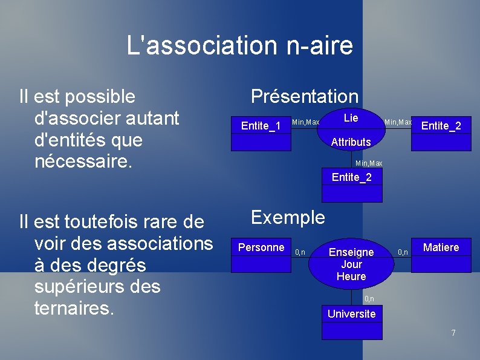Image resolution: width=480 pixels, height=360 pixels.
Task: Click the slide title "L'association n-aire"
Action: pos(239,45)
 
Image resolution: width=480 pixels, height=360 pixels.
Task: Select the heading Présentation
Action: pos(305,96)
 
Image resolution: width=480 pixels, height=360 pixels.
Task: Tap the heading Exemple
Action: pos(288,217)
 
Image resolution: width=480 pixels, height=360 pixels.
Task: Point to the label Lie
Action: pos(351,118)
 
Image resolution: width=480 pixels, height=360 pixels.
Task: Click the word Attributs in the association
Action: pos(351,142)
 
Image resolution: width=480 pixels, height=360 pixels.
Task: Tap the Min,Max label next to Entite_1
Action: pos(305,123)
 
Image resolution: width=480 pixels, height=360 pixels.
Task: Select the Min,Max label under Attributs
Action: pos(369,164)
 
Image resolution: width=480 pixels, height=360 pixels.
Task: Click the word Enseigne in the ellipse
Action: pos(351,252)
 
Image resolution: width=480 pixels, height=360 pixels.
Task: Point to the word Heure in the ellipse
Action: pos(351,277)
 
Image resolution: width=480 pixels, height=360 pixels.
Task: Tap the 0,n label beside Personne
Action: pos(300,252)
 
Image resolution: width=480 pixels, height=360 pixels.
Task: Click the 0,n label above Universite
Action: pos(369,299)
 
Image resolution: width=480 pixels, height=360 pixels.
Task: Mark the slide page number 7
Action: pos(453,333)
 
